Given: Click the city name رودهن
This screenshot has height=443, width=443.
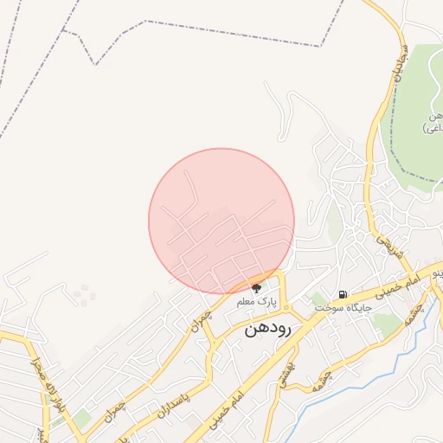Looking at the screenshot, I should [x=272, y=329].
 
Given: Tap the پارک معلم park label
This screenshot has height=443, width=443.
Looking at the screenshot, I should [x=256, y=303].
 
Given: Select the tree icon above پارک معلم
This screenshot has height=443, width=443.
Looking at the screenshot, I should [x=256, y=287].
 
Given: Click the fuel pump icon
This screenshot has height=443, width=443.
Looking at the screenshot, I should [x=343, y=294].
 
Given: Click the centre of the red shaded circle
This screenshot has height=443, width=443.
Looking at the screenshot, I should [x=221, y=221].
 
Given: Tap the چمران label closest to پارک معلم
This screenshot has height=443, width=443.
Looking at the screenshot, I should [x=201, y=323].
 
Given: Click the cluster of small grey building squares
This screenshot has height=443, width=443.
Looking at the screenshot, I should [x=84, y=296].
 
